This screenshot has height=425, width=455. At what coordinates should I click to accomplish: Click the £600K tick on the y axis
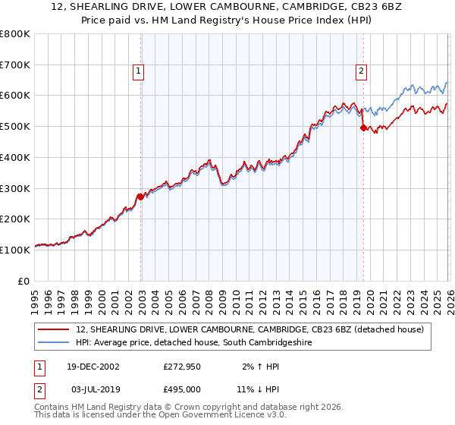(x=15, y=96)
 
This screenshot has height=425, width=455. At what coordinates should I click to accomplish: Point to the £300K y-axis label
(x=15, y=188)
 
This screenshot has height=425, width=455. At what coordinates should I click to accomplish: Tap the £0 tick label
(x=24, y=281)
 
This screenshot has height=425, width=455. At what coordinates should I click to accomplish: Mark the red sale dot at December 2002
(x=140, y=197)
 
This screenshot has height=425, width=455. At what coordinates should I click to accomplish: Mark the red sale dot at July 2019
(x=362, y=128)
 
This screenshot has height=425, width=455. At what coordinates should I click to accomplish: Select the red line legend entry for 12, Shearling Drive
(x=254, y=330)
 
